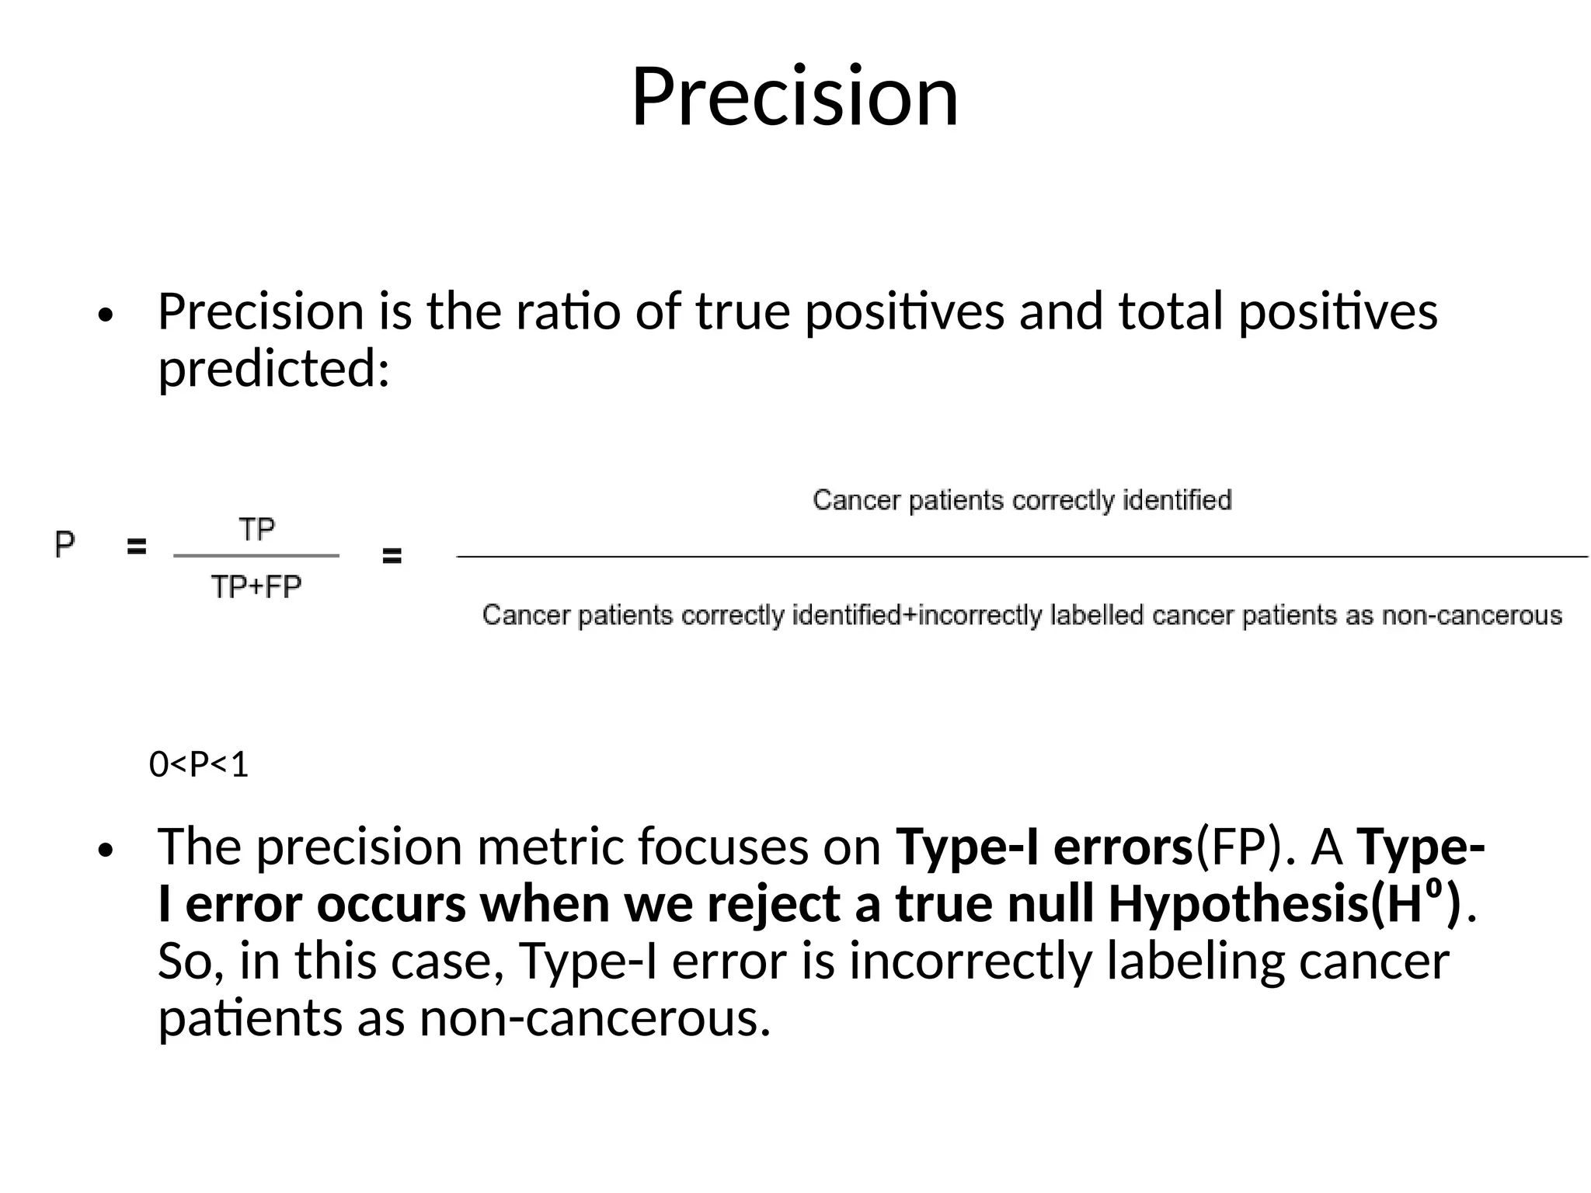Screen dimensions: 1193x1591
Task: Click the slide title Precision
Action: pyautogui.click(x=795, y=96)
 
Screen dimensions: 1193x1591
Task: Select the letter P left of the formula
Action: pyautogui.click(x=65, y=544)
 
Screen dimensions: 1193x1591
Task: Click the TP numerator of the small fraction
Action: pyautogui.click(x=256, y=530)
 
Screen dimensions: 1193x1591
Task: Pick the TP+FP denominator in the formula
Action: pyautogui.click(x=256, y=587)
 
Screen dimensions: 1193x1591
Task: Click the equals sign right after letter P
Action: pyautogui.click(x=137, y=548)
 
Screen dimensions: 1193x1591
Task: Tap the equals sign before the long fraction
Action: pyautogui.click(x=392, y=556)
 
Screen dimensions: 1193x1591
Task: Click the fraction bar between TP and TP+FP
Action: pyautogui.click(x=256, y=556)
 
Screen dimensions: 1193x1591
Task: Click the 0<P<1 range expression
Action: pyautogui.click(x=199, y=765)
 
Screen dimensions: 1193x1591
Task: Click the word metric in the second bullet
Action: pyautogui.click(x=550, y=847)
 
